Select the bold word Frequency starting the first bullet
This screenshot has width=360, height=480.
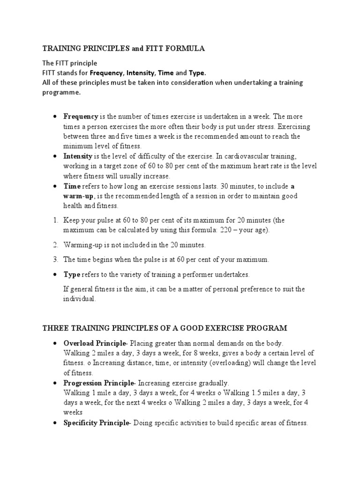(x=81, y=116)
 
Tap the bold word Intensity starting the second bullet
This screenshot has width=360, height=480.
(x=78, y=156)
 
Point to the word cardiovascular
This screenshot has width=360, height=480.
(x=254, y=156)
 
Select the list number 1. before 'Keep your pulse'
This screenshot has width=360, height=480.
(x=55, y=220)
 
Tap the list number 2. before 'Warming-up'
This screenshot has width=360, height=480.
(x=55, y=245)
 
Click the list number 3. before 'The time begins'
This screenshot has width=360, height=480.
(x=55, y=259)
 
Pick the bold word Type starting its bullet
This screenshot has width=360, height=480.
(x=72, y=274)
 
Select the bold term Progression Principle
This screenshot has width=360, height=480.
(x=99, y=383)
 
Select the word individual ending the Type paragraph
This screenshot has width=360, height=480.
(x=79, y=299)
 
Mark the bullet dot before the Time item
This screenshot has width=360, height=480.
(x=55, y=186)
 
